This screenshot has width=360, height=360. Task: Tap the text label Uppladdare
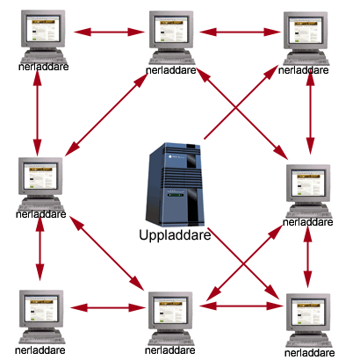click(x=176, y=234)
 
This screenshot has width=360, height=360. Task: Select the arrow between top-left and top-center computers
click(x=104, y=32)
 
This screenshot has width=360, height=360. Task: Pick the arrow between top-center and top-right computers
click(x=238, y=32)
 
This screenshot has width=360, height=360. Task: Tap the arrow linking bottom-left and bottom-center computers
click(x=105, y=307)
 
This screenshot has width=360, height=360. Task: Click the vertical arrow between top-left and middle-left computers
click(x=37, y=110)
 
